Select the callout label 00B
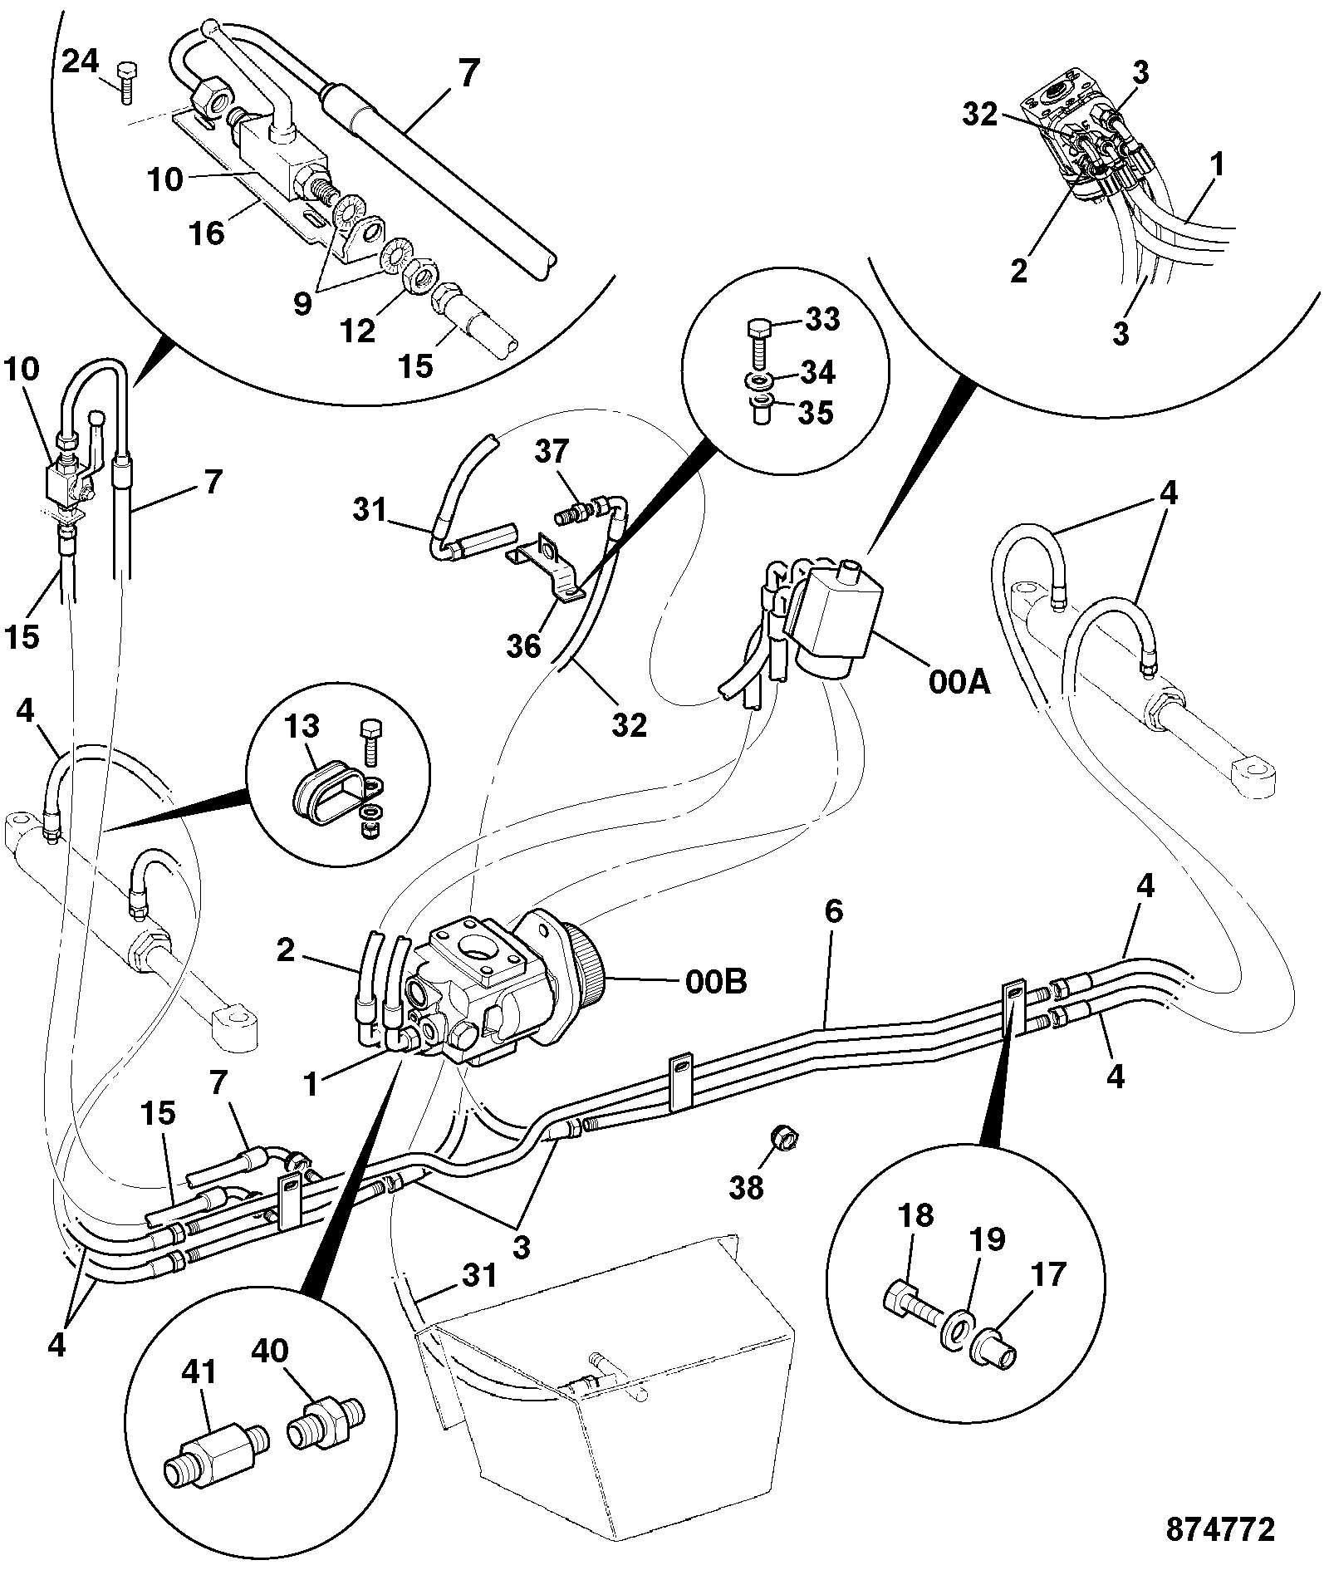click(x=715, y=982)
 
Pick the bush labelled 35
click(x=759, y=410)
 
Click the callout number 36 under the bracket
click(x=524, y=645)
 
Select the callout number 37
click(x=552, y=451)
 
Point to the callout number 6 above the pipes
click(x=833, y=911)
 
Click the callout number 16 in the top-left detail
click(x=207, y=233)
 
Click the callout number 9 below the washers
click(x=302, y=303)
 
